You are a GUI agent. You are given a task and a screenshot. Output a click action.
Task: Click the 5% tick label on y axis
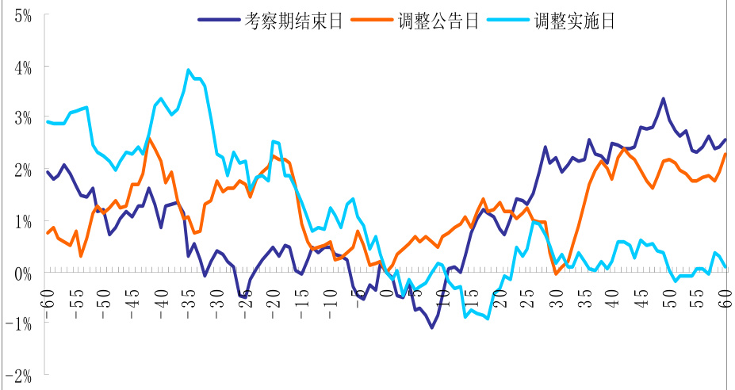click(21, 15)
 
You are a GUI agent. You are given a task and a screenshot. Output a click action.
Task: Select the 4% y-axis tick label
click(21, 67)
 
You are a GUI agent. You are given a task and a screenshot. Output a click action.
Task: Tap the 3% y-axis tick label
click(21, 119)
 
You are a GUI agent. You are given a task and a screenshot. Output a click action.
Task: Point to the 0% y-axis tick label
click(21, 273)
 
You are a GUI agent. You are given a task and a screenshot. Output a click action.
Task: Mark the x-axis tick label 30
click(556, 296)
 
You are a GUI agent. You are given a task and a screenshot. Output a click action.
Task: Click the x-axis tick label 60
click(725, 296)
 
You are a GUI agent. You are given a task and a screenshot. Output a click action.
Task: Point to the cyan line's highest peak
click(188, 70)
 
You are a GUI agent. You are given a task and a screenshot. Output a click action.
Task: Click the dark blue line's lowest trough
click(432, 327)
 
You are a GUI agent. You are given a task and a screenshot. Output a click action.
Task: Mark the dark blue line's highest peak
click(663, 99)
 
